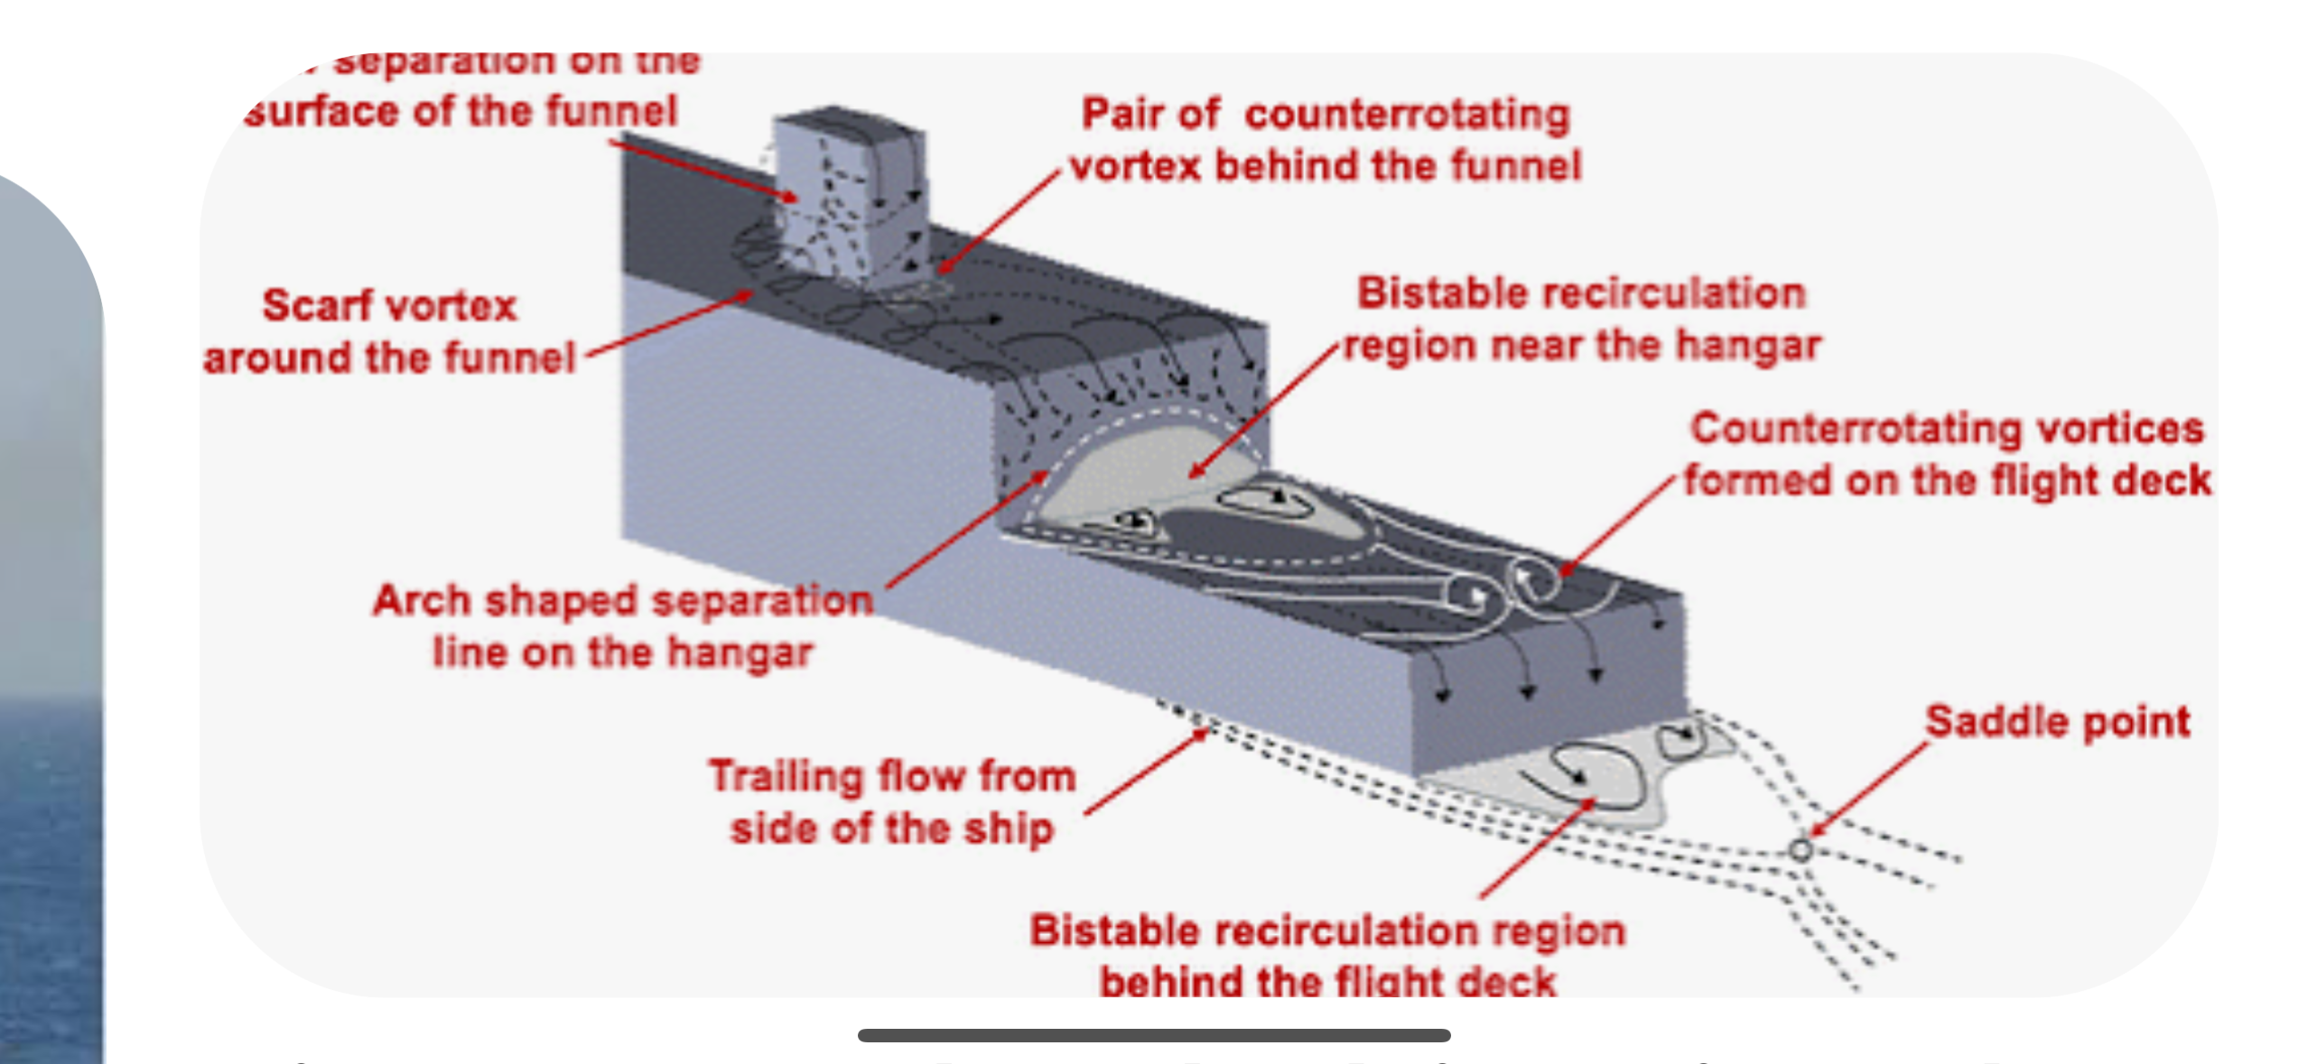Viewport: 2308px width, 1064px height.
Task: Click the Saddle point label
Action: [2057, 722]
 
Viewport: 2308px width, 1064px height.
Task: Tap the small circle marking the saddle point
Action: [1801, 850]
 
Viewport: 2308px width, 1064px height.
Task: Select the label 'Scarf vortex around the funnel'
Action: [389, 331]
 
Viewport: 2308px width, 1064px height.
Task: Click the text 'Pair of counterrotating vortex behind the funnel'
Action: [1326, 140]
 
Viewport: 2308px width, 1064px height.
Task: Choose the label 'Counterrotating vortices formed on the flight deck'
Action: [1947, 454]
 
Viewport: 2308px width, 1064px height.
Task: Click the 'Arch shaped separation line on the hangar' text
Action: [623, 625]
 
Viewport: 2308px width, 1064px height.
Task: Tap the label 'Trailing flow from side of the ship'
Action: [892, 802]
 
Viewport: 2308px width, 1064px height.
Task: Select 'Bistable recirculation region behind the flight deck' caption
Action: [1327, 955]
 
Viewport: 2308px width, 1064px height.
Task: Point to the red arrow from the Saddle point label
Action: [1869, 791]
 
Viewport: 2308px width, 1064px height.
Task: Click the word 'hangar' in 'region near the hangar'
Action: [1761, 346]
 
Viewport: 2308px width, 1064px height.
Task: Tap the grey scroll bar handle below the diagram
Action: [1154, 1035]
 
